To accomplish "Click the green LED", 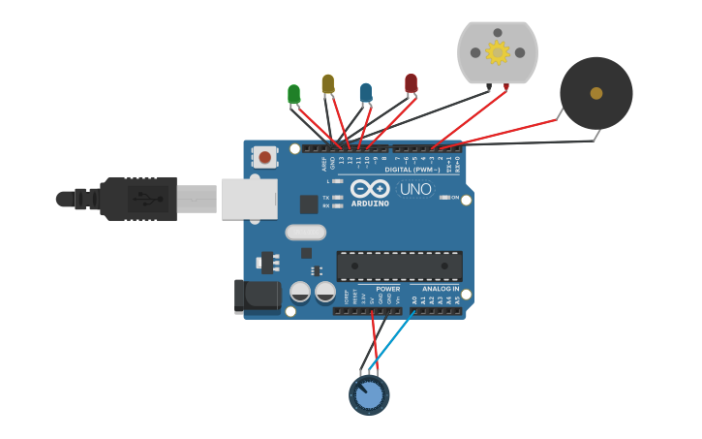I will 293,94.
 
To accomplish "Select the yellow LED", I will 327,84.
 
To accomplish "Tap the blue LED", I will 365,92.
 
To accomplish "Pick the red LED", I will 411,83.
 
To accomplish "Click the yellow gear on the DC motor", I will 498,52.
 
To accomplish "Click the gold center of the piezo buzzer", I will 596,93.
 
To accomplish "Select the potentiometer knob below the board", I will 369,395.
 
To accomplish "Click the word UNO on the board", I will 415,189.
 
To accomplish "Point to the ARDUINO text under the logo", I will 370,204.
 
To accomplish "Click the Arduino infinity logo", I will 370,188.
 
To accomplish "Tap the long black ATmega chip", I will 399,267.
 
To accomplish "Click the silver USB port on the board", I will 250,198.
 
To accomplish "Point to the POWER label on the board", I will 387,289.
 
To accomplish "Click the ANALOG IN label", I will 441,289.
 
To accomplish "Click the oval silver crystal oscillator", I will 305,233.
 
